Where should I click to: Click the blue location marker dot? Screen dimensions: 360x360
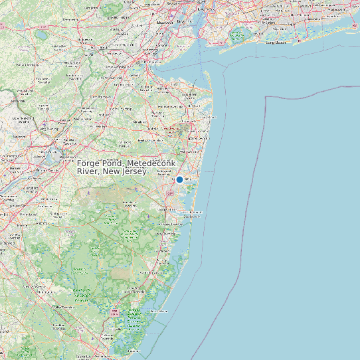click(179, 179)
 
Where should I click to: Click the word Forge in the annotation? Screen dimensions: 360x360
click(90, 163)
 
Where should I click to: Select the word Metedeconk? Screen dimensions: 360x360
click(155, 163)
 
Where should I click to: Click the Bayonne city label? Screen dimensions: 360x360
click(184, 22)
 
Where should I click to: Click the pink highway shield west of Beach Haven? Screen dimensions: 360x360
click(114, 311)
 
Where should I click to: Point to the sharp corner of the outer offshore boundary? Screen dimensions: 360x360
click(266, 96)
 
